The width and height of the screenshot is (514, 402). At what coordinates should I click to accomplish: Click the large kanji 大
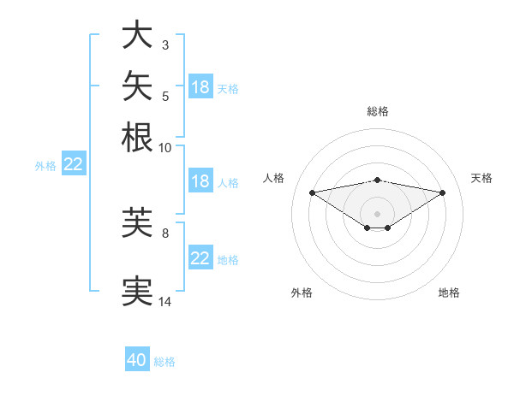(137, 34)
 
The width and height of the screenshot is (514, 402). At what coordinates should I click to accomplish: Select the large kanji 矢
(137, 86)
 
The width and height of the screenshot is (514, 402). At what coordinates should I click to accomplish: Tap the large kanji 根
(137, 137)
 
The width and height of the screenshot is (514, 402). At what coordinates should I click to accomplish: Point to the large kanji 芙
(137, 222)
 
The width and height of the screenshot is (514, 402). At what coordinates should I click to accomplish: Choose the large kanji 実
(137, 291)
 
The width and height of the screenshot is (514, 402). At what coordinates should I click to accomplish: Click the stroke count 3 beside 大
(165, 44)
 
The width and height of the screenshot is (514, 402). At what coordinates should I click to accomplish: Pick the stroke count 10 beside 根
(164, 148)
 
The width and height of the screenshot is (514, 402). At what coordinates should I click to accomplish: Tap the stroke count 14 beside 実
(164, 301)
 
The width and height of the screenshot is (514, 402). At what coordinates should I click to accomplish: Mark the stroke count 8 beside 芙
(165, 234)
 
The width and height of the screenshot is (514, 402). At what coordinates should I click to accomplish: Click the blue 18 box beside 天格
(200, 86)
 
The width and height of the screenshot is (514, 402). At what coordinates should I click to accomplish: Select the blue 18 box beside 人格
(200, 180)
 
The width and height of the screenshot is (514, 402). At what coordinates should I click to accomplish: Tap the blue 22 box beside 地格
(200, 257)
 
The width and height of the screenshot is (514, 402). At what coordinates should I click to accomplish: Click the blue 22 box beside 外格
(74, 163)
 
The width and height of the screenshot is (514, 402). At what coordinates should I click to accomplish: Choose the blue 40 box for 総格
(137, 358)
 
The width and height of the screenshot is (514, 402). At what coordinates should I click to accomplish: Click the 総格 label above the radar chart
(378, 111)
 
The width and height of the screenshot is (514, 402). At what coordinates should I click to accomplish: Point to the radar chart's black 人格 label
(273, 178)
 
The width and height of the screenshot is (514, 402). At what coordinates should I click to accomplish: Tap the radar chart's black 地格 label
(449, 293)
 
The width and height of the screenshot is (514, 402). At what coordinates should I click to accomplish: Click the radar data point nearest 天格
(443, 192)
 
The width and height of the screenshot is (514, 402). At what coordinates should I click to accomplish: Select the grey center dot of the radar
(377, 214)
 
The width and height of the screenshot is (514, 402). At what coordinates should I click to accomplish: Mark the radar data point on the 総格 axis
(377, 180)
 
